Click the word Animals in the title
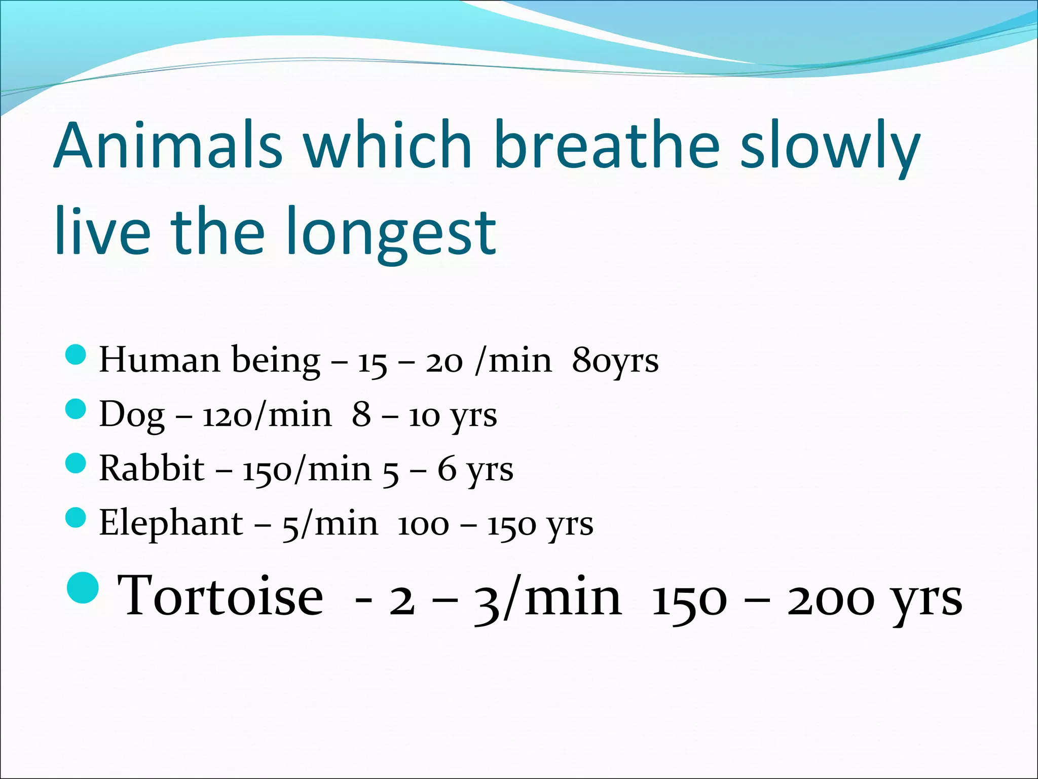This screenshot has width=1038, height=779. (x=168, y=146)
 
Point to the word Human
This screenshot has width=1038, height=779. (x=159, y=360)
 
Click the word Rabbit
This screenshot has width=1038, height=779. (x=152, y=469)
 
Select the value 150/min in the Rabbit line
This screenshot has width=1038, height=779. (x=307, y=470)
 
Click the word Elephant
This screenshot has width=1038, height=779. (x=171, y=523)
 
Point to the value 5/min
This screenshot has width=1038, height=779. (x=330, y=524)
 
